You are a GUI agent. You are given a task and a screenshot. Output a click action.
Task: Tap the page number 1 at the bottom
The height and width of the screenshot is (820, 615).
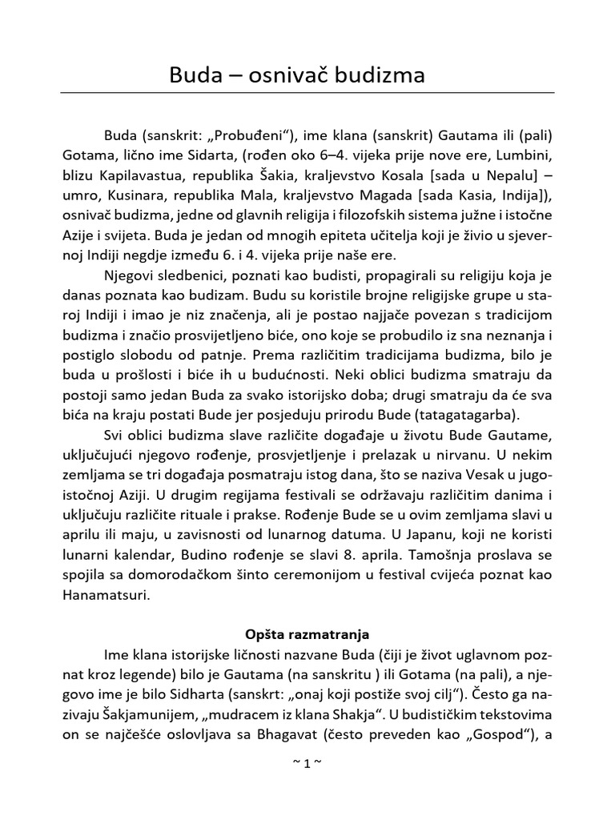tap(307, 763)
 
